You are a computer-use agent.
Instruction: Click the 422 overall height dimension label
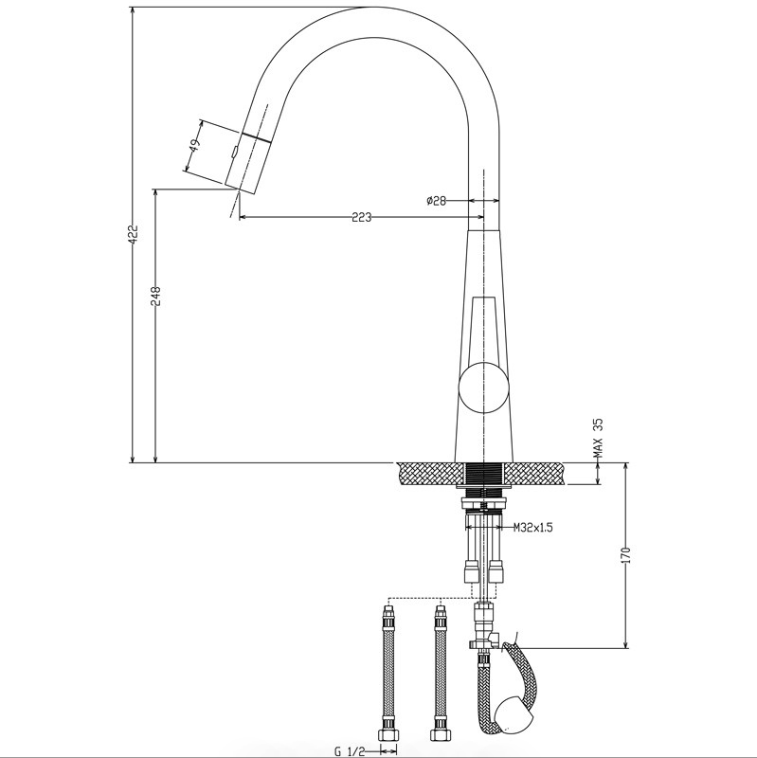click(x=134, y=235)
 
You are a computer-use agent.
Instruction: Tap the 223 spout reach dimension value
click(x=361, y=217)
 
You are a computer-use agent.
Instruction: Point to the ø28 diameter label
click(x=437, y=201)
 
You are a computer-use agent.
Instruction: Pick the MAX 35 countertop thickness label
click(x=598, y=438)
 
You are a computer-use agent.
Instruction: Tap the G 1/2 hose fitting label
click(x=350, y=750)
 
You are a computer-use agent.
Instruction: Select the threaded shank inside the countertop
click(x=487, y=475)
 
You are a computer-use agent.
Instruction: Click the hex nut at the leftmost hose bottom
click(x=388, y=734)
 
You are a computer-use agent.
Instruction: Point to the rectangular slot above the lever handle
click(x=484, y=328)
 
